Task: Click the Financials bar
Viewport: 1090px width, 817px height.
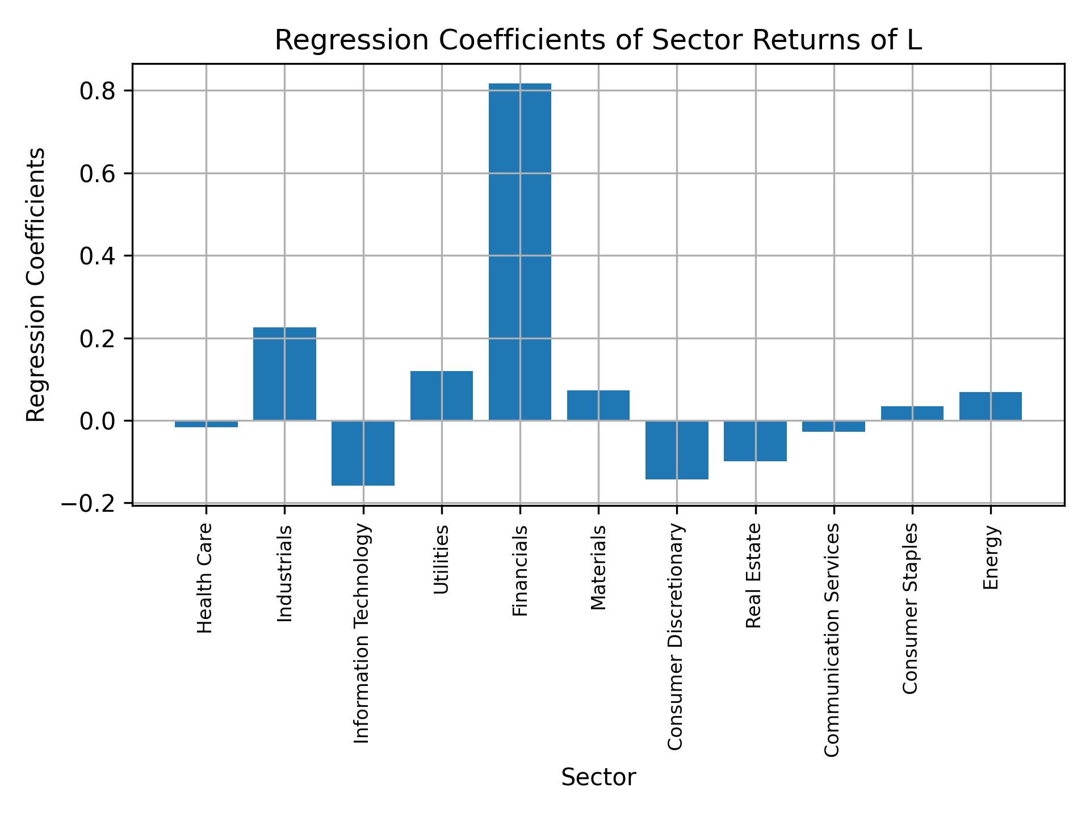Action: tap(519, 252)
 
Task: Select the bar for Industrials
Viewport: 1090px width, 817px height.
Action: tap(284, 374)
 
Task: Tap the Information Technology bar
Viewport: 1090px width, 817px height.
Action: tap(363, 453)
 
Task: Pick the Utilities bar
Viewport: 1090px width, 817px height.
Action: tap(441, 395)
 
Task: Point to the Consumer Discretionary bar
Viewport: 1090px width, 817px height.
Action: tap(677, 450)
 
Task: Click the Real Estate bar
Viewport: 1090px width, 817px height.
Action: tap(755, 441)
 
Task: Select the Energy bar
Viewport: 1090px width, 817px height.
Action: tap(990, 406)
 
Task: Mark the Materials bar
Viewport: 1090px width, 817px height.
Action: tap(598, 405)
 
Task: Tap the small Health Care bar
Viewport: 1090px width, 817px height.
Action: tap(206, 424)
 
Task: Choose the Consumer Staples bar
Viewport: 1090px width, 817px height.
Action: tap(912, 413)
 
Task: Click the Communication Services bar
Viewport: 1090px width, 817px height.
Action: tap(833, 426)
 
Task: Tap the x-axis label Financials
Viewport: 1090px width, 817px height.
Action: tap(520, 571)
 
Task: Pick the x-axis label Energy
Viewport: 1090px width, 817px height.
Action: tap(991, 558)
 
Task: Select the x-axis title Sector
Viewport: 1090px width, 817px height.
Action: tap(598, 777)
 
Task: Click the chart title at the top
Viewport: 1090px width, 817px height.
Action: tap(598, 40)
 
